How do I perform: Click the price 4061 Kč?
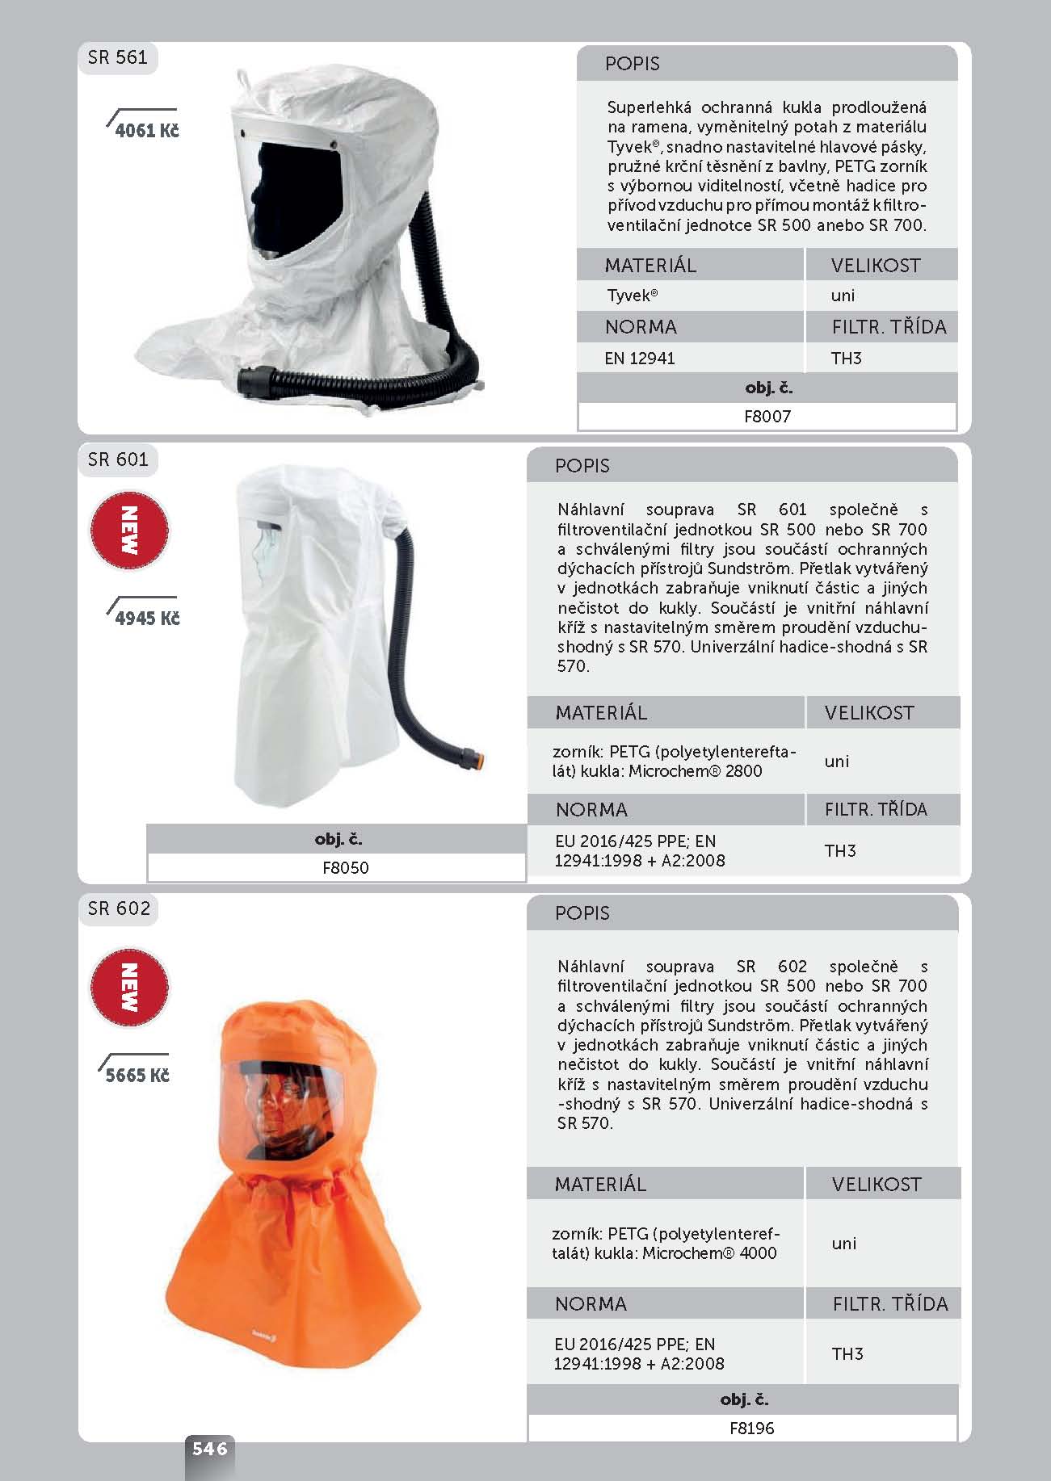pyautogui.click(x=146, y=131)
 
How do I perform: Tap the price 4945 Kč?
pyautogui.click(x=147, y=619)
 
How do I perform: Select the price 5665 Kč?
pyautogui.click(x=137, y=1076)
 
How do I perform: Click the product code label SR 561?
pyautogui.click(x=118, y=57)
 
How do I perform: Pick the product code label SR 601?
pyautogui.click(x=118, y=459)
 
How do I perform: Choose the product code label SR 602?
pyautogui.click(x=119, y=908)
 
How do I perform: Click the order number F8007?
pyautogui.click(x=767, y=417)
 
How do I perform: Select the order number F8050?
pyautogui.click(x=345, y=868)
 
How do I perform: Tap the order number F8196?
pyautogui.click(x=751, y=1428)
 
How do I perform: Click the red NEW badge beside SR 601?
pyautogui.click(x=128, y=530)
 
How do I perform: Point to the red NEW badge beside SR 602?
pyautogui.click(x=128, y=987)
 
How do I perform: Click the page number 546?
pyautogui.click(x=209, y=1449)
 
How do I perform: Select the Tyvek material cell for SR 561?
pyautogui.click(x=632, y=296)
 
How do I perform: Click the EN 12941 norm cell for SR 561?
pyautogui.click(x=639, y=359)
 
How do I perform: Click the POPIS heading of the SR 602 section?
pyautogui.click(x=582, y=913)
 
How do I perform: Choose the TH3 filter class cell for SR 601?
pyautogui.click(x=839, y=850)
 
